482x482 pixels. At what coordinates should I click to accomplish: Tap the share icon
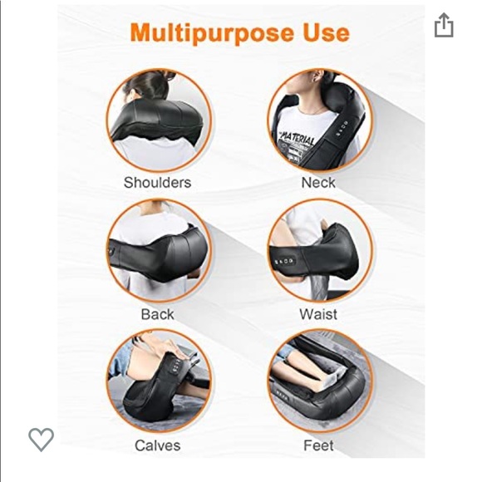(x=444, y=26)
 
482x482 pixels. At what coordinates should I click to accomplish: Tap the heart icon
(x=41, y=438)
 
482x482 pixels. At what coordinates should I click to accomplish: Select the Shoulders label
(x=157, y=182)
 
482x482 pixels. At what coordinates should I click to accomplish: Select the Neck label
(x=318, y=182)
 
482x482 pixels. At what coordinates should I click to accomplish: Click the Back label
(x=157, y=314)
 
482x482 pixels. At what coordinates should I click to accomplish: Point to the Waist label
(x=318, y=314)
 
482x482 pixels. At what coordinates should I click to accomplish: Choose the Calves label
(x=157, y=445)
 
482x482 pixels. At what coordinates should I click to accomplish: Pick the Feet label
(x=318, y=445)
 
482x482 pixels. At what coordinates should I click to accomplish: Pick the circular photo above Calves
(x=158, y=381)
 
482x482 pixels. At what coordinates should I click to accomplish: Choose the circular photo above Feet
(x=319, y=381)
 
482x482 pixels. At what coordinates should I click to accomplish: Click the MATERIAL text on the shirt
(x=297, y=135)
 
